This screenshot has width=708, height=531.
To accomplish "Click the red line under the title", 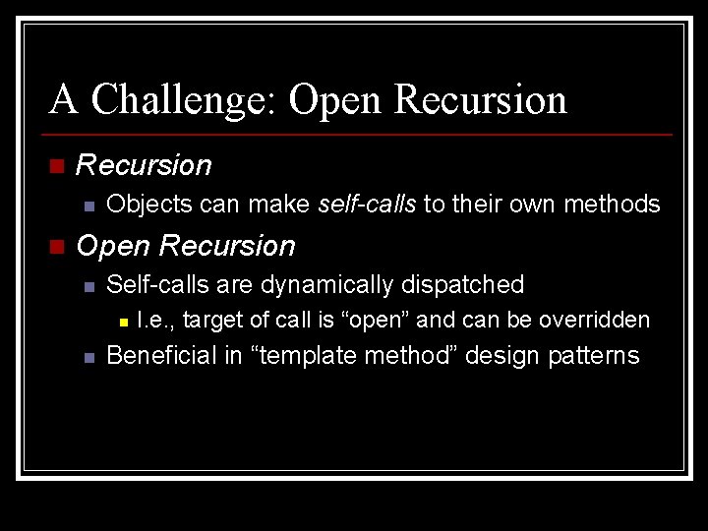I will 360,134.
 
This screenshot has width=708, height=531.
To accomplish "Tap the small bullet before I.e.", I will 122,322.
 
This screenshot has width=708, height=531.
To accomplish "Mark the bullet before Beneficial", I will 88,358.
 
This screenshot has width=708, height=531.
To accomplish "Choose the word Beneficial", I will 160,356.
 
